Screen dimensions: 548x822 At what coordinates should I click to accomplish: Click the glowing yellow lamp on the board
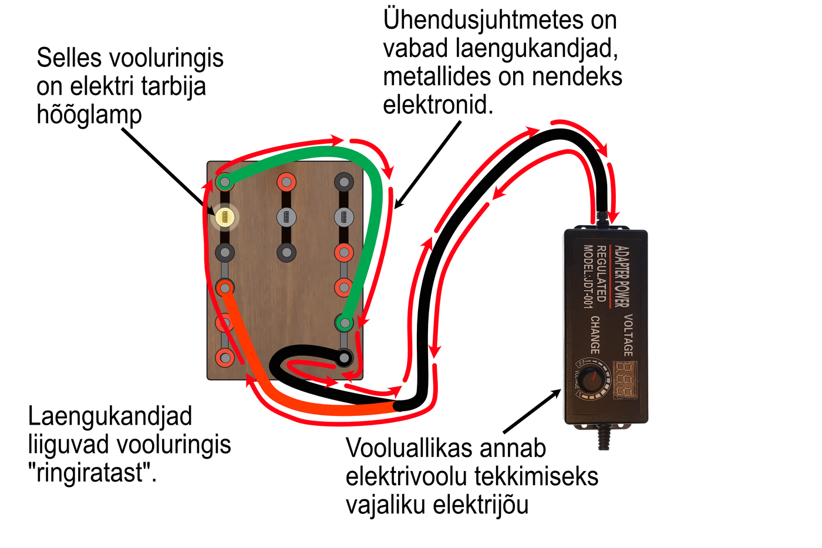coord(224,217)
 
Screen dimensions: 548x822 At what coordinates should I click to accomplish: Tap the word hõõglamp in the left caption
coord(89,115)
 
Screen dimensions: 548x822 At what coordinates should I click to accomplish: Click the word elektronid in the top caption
coord(437,105)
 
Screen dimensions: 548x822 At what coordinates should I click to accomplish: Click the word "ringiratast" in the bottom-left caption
coord(92,472)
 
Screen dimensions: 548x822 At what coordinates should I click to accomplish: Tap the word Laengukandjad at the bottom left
coord(110,416)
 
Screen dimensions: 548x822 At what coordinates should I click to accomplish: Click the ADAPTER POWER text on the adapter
coord(621,276)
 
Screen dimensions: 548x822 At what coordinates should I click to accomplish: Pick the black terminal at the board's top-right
coord(344,182)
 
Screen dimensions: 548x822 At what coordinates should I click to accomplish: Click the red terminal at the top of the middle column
coord(286,182)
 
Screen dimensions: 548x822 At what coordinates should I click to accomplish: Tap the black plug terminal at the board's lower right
coord(344,357)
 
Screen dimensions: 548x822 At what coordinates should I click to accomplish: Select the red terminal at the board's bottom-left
coord(224,357)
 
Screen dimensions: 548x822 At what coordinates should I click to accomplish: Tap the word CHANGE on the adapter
coord(595,335)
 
